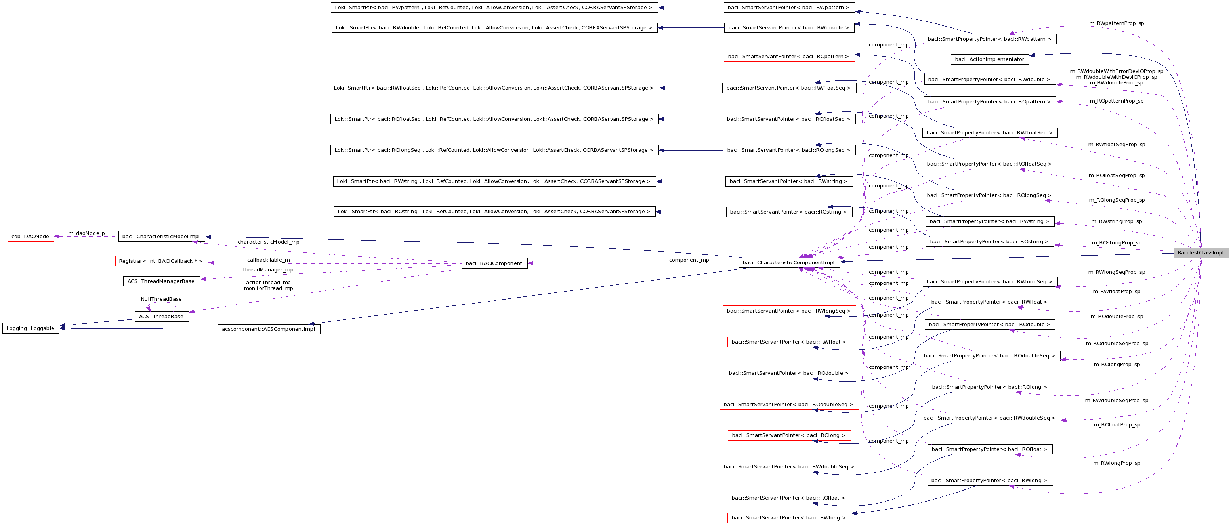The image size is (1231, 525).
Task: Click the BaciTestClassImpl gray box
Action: [x=1200, y=253]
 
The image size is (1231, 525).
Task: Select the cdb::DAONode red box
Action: [x=31, y=237]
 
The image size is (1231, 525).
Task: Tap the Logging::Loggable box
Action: [x=31, y=328]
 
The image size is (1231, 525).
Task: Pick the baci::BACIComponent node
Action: [x=494, y=263]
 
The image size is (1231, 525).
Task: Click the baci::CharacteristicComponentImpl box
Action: [x=788, y=263]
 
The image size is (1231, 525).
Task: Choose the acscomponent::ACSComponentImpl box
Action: [x=269, y=329]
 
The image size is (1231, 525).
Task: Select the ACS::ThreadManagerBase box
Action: [x=161, y=281]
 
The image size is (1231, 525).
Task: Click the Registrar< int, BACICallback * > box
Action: [x=161, y=261]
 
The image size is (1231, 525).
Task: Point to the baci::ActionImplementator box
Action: [x=990, y=59]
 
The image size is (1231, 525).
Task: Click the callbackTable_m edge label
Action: [x=268, y=260]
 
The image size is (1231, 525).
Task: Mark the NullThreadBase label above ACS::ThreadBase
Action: [x=161, y=299]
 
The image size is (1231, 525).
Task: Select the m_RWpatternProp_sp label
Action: [x=1116, y=23]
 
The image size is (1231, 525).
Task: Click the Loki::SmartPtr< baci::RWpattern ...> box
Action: [x=494, y=8]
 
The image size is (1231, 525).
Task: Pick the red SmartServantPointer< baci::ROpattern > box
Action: [x=789, y=56]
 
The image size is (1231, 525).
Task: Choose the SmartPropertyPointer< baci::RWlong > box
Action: [x=989, y=481]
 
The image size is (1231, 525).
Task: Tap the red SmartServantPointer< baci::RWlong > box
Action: [x=789, y=518]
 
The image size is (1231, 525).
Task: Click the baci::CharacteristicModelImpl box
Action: [x=161, y=237]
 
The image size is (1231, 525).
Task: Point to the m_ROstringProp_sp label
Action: [x=1116, y=242]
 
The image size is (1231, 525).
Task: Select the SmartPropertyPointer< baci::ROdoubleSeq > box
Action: [x=989, y=356]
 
